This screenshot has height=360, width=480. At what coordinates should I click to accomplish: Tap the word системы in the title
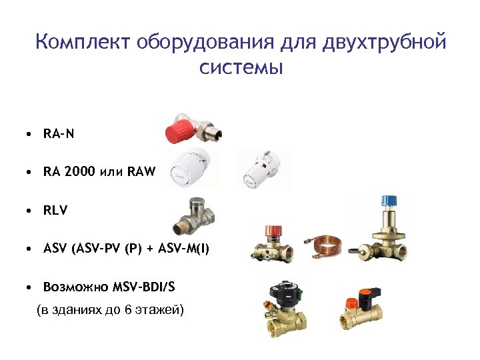241,67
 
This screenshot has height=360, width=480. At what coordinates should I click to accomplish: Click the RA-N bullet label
59,134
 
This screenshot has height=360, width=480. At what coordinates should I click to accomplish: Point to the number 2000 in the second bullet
81,172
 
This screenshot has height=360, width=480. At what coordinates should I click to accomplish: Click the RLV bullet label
55,211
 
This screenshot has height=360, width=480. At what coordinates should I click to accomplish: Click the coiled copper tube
327,242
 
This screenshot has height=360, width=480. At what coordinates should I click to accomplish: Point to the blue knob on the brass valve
388,201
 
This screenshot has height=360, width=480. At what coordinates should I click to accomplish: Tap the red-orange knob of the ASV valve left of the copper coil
273,232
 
